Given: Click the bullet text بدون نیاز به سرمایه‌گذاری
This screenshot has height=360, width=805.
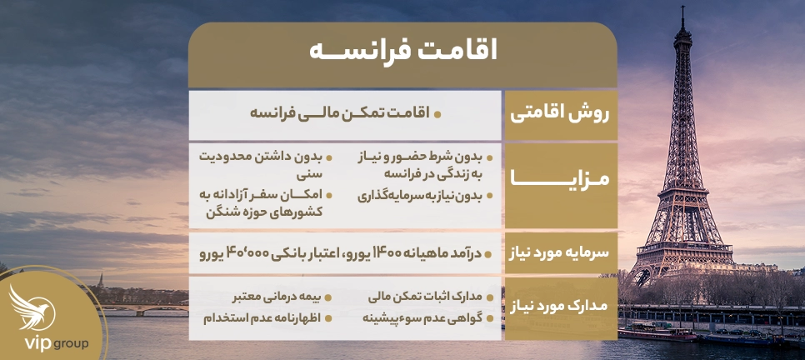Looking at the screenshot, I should (x=421, y=197).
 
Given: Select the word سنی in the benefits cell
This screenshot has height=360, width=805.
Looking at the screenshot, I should (x=308, y=175).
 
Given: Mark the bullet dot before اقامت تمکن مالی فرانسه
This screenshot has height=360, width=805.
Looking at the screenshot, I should (x=437, y=112).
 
